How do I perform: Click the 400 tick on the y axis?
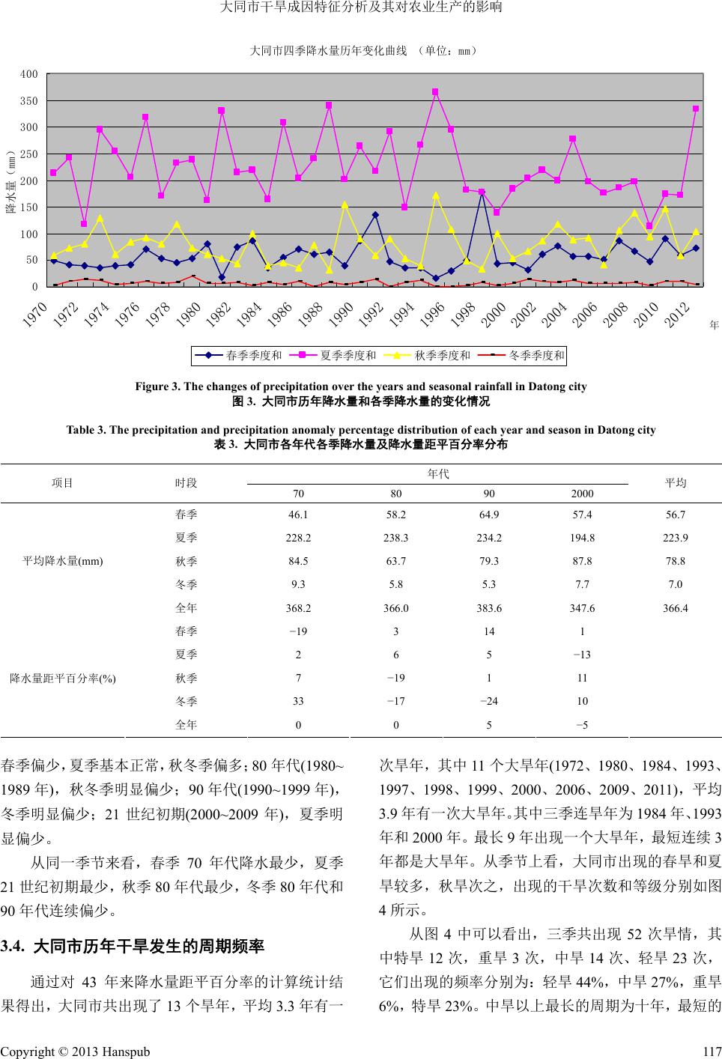[x=29, y=74]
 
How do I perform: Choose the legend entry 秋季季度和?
[x=442, y=356]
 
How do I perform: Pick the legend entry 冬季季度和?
[x=536, y=356]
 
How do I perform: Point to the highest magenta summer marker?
[x=435, y=92]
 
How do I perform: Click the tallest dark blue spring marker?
[x=482, y=192]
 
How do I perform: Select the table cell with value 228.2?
[x=298, y=537]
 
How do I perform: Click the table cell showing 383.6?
[x=488, y=607]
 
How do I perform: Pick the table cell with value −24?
[x=488, y=701]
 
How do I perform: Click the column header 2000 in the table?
[x=582, y=494]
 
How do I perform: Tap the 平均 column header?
[x=676, y=483]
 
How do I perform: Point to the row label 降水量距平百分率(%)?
[x=63, y=678]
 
